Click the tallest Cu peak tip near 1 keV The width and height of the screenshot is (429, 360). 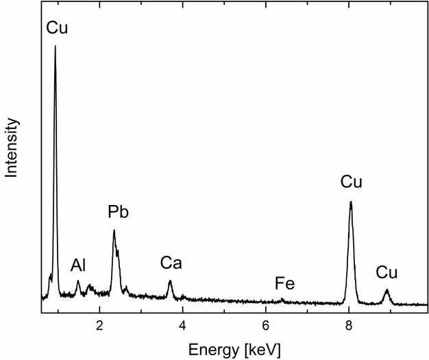click(56, 47)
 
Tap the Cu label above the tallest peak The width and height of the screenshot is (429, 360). click(57, 28)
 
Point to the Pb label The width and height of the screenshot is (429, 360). click(118, 213)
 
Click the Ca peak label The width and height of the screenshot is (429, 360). click(171, 263)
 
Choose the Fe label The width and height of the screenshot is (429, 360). click(285, 283)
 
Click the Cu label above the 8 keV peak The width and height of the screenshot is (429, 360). click(351, 182)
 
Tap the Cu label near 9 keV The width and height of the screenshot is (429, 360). click(387, 272)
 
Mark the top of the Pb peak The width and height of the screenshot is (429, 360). click(114, 230)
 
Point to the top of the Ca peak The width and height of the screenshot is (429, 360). click(170, 281)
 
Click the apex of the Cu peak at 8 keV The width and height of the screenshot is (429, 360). click(351, 202)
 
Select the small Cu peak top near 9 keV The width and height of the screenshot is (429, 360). click(387, 289)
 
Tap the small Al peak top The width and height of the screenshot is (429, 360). click(78, 282)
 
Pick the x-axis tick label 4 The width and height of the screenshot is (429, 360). click(183, 324)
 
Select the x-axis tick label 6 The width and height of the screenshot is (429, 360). click(266, 324)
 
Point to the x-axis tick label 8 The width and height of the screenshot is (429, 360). click(349, 324)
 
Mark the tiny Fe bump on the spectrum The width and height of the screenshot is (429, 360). click(282, 299)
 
